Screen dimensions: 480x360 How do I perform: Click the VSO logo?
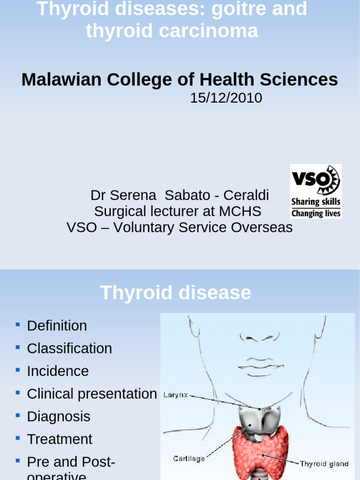[315, 191]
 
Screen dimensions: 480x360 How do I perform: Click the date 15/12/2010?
[226, 98]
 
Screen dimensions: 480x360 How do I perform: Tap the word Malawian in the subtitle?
[61, 80]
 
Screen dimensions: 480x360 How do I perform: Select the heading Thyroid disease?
[175, 293]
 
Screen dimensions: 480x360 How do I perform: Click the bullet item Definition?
[57, 326]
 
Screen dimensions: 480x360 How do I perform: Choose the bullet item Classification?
[69, 348]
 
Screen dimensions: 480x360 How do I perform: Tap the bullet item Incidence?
[58, 371]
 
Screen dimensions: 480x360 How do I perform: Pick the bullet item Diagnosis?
[59, 416]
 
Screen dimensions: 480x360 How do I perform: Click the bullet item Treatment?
[60, 439]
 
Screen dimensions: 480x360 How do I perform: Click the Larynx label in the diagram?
[175, 395]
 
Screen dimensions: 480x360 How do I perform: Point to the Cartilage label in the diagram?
[188, 458]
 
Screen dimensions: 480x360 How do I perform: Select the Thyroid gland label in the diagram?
[324, 464]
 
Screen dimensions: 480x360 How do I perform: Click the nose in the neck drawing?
[259, 337]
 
